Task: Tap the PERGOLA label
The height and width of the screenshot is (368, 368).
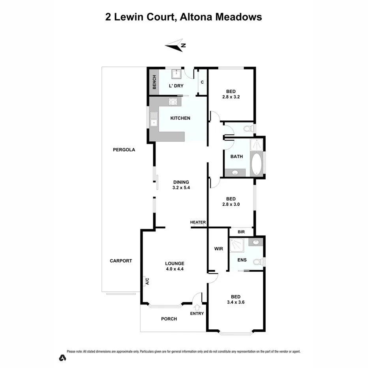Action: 124,150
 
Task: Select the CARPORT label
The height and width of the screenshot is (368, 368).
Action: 121,261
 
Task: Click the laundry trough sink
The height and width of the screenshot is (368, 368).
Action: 176,74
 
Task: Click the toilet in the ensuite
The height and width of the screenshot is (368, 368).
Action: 258,261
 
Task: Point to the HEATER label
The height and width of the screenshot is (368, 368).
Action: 198,222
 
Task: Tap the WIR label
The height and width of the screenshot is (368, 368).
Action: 218,249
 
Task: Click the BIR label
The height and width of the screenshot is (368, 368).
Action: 241,232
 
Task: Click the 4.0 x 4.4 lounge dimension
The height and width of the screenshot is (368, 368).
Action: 175,269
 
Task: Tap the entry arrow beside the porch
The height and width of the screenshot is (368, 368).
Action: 197,307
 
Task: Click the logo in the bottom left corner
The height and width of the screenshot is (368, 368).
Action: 62,358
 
